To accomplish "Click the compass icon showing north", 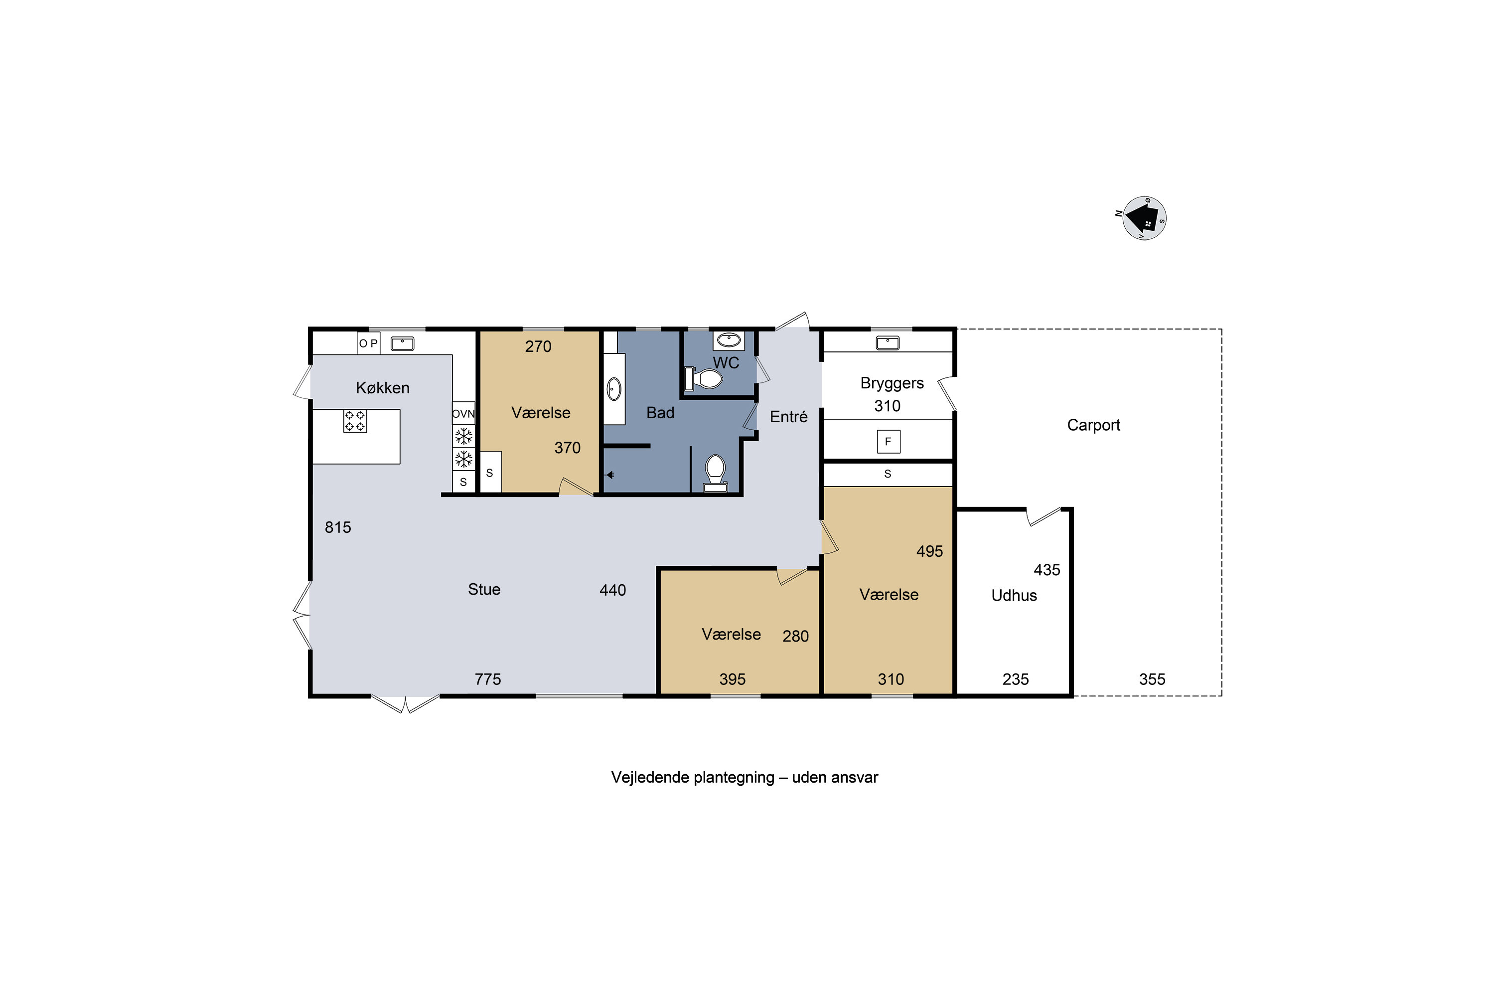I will pos(1144,218).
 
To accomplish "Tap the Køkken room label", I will pos(383,388).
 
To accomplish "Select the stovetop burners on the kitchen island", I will pos(355,421).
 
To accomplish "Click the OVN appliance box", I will pos(463,414).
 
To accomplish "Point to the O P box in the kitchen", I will pos(368,343).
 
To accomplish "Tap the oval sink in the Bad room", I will pos(614,388).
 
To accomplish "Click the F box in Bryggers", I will pos(888,441).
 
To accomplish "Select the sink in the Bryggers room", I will pos(888,343).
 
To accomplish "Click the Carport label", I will pos(1093,425).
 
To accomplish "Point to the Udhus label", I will pos(1014,596).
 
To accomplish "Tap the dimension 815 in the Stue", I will pos(337,527).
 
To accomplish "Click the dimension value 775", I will pos(487,679).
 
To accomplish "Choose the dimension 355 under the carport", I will pos(1152,679).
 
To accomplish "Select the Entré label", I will pos(788,416).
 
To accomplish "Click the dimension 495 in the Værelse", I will pos(929,551).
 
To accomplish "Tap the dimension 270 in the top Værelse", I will pos(538,346).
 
